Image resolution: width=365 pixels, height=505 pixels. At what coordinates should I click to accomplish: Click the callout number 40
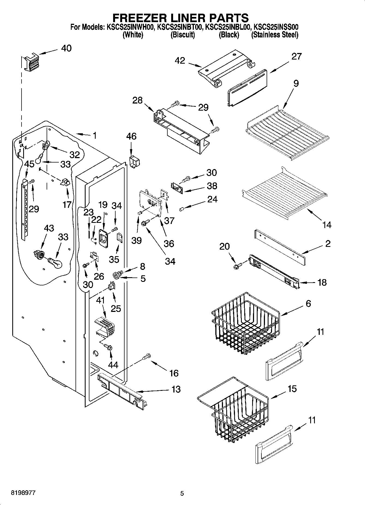(66, 48)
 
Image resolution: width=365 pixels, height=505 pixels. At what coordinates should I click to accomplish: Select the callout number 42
(180, 61)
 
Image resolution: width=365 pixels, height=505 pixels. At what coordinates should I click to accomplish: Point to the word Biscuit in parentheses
(183, 35)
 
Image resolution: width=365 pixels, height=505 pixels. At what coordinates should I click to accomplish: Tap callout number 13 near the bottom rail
(176, 389)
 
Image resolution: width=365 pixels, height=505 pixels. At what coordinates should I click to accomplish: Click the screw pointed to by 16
(147, 356)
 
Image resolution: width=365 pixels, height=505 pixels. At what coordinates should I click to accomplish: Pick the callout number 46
(131, 136)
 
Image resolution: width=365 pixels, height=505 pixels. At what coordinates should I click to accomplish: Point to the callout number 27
(296, 56)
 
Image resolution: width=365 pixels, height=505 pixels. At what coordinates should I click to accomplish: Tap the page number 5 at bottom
(182, 493)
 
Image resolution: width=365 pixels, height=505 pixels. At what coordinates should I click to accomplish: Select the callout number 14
(327, 225)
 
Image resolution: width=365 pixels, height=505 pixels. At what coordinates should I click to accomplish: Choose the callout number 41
(100, 300)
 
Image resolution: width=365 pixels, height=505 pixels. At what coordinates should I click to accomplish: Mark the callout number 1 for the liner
(94, 135)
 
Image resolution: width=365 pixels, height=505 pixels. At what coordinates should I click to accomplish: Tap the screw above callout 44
(108, 347)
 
